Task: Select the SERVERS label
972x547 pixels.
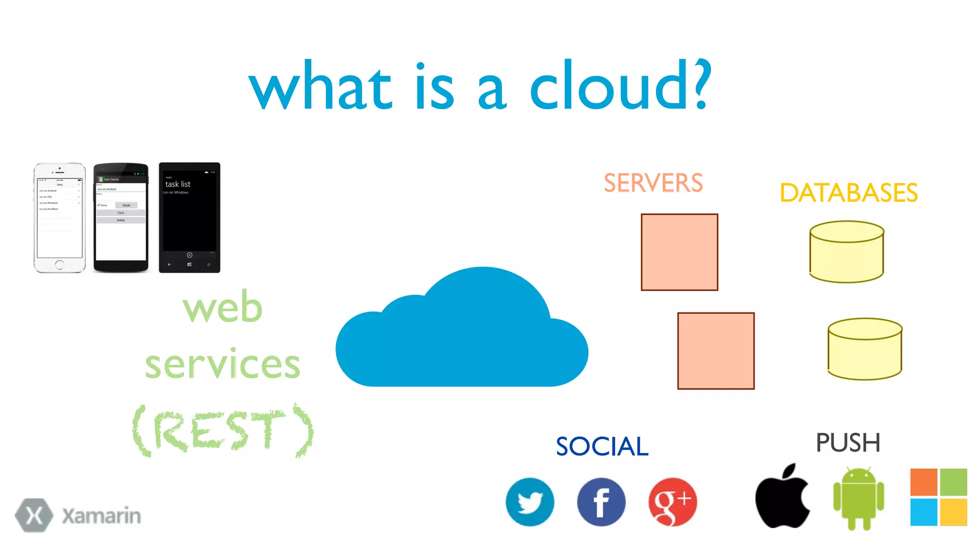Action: coord(653,183)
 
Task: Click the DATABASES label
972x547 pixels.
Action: coord(849,193)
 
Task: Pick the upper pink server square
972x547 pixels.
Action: coord(679,252)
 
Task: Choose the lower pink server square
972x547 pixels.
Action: coord(716,351)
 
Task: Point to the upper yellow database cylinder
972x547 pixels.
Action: coord(847,252)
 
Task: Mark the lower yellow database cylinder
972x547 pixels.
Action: coord(865,349)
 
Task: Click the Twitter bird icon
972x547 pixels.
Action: coord(530,502)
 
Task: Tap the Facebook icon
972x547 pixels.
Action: coord(601,502)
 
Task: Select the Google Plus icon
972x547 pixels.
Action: coord(673,502)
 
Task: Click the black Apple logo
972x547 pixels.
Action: coord(782,497)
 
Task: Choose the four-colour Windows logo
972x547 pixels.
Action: coord(938,497)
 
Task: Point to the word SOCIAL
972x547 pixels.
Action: coord(602,447)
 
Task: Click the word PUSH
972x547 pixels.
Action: coord(848,443)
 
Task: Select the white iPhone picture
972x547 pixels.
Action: coord(60,218)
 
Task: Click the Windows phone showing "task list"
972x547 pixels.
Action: coord(189,218)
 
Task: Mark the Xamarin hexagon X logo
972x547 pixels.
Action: coord(34,515)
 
